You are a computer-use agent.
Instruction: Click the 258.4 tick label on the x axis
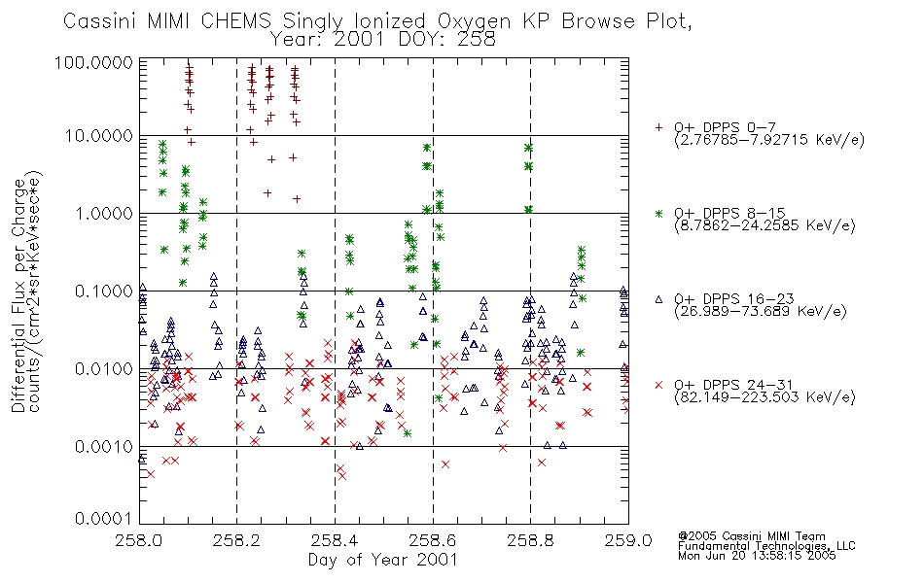(335, 540)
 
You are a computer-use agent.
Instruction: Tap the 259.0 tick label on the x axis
(628, 540)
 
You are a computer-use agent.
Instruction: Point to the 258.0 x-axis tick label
(139, 540)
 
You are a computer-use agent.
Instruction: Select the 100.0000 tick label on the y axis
(93, 62)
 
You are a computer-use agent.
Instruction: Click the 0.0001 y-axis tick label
(104, 518)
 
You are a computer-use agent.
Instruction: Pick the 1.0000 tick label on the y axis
(104, 213)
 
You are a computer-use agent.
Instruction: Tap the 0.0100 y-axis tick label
(104, 369)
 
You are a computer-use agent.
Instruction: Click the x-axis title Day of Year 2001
(383, 560)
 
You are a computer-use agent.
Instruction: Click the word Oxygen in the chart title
(474, 21)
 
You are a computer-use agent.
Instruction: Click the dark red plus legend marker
(658, 127)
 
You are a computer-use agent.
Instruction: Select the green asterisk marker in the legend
(658, 213)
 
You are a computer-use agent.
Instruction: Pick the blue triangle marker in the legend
(658, 299)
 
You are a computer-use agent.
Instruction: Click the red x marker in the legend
(658, 385)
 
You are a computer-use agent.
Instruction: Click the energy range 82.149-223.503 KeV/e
(764, 397)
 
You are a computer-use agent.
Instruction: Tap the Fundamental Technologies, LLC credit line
(766, 546)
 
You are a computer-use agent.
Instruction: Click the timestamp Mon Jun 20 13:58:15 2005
(757, 556)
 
